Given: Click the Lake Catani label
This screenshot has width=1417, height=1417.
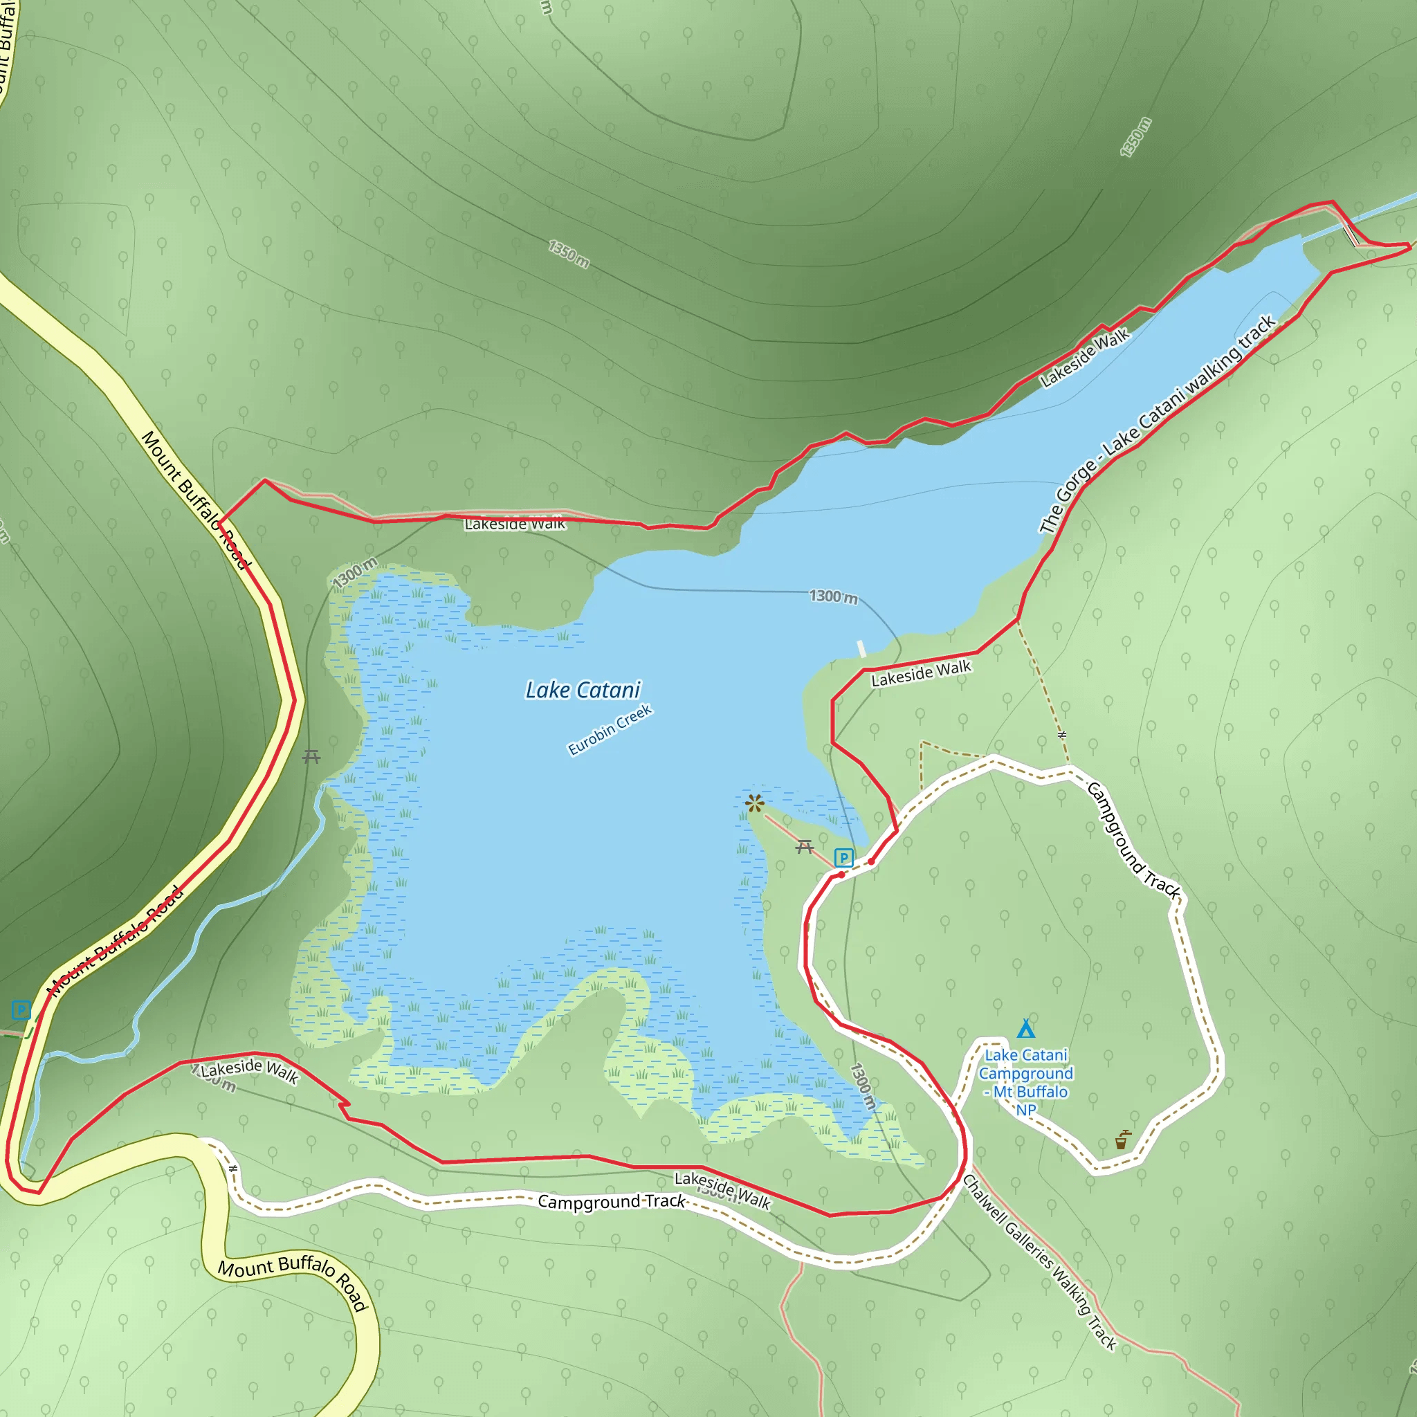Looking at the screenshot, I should point(583,690).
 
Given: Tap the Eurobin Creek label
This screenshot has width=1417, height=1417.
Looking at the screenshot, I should point(610,730).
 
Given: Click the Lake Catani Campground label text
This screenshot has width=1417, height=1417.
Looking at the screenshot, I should point(1025,1082).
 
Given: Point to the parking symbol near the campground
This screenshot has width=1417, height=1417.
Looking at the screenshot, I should point(844,857).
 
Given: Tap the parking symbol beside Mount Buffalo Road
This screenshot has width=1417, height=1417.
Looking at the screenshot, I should point(21,1011).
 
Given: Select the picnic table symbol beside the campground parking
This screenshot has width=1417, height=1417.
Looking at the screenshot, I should point(805,847).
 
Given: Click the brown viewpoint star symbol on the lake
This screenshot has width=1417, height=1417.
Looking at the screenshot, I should point(754,803).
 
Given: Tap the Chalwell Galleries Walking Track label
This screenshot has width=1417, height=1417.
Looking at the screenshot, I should point(1039,1261).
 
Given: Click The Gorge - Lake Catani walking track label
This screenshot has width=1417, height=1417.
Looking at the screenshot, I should point(1158,424).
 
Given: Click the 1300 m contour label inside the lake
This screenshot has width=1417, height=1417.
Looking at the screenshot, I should point(833,597).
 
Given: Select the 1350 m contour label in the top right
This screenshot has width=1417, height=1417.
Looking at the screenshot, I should point(1135,137).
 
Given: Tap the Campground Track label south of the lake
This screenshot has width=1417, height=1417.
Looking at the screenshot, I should point(611,1201).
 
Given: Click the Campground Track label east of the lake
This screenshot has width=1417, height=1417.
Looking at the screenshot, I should point(1133,841).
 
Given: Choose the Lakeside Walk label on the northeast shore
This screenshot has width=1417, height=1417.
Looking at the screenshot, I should point(1085,358).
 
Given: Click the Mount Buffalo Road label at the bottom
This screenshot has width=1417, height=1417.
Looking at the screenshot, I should point(293,1279).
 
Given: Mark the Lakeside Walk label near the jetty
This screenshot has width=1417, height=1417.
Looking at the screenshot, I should point(921,673).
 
